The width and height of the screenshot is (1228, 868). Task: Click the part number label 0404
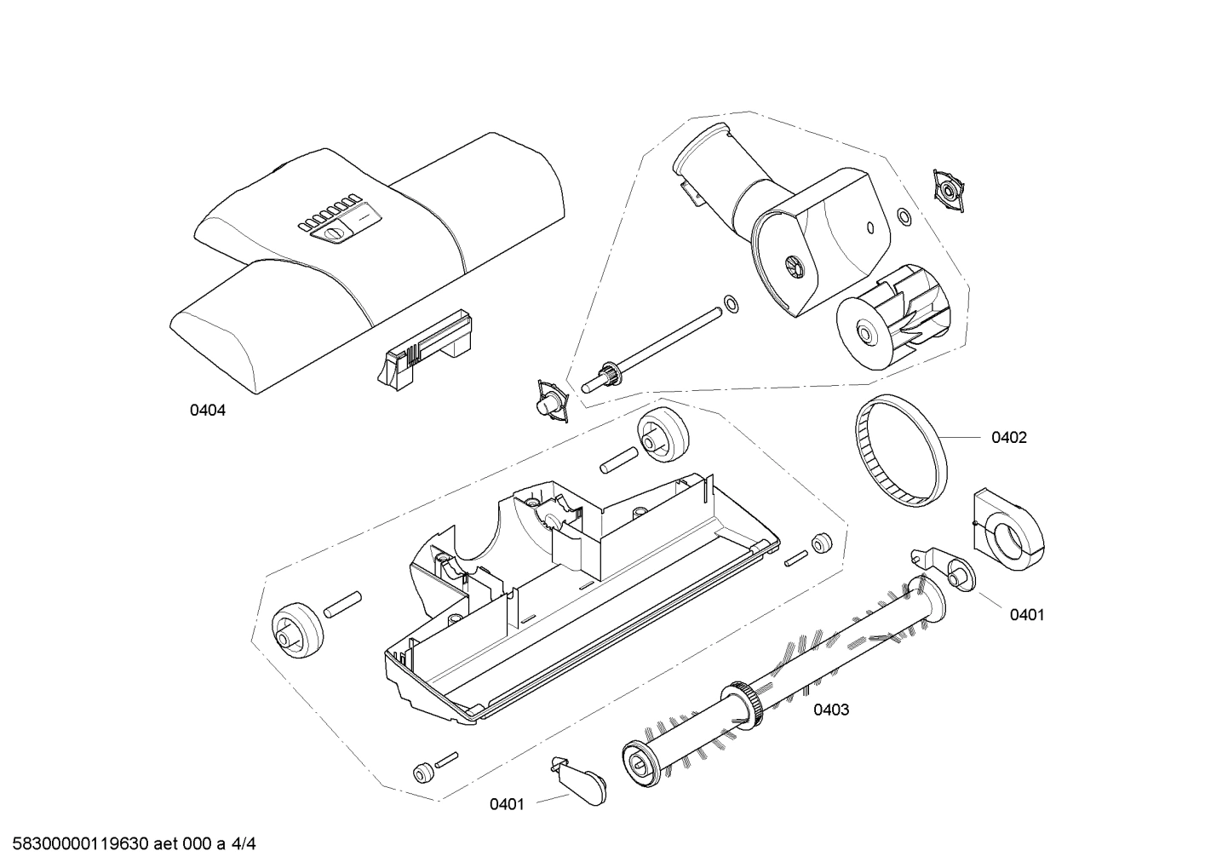coord(207,411)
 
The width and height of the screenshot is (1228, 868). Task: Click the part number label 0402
coord(1008,438)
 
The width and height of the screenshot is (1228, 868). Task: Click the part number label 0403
coord(830,710)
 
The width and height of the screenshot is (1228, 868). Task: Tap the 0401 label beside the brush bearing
coord(1026,615)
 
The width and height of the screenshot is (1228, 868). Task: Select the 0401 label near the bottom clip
coord(506,804)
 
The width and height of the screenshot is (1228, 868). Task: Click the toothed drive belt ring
coord(901,452)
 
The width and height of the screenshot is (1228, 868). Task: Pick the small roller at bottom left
coord(421,773)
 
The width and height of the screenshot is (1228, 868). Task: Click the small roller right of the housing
coord(822,543)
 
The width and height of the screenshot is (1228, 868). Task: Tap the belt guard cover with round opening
coord(1008,527)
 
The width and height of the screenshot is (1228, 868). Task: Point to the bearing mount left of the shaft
coord(549,399)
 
